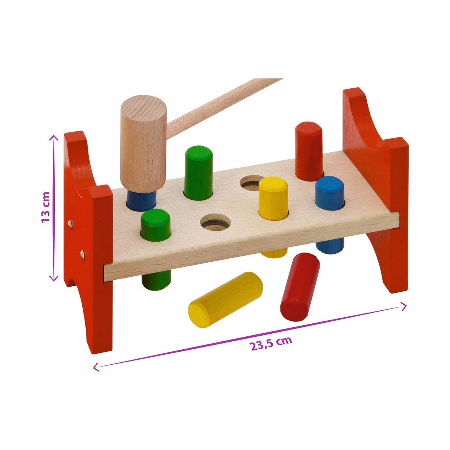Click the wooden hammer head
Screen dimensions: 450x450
coord(143,143)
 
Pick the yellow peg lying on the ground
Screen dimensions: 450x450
coord(225,300)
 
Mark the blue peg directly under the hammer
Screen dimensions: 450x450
coord(141,201)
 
